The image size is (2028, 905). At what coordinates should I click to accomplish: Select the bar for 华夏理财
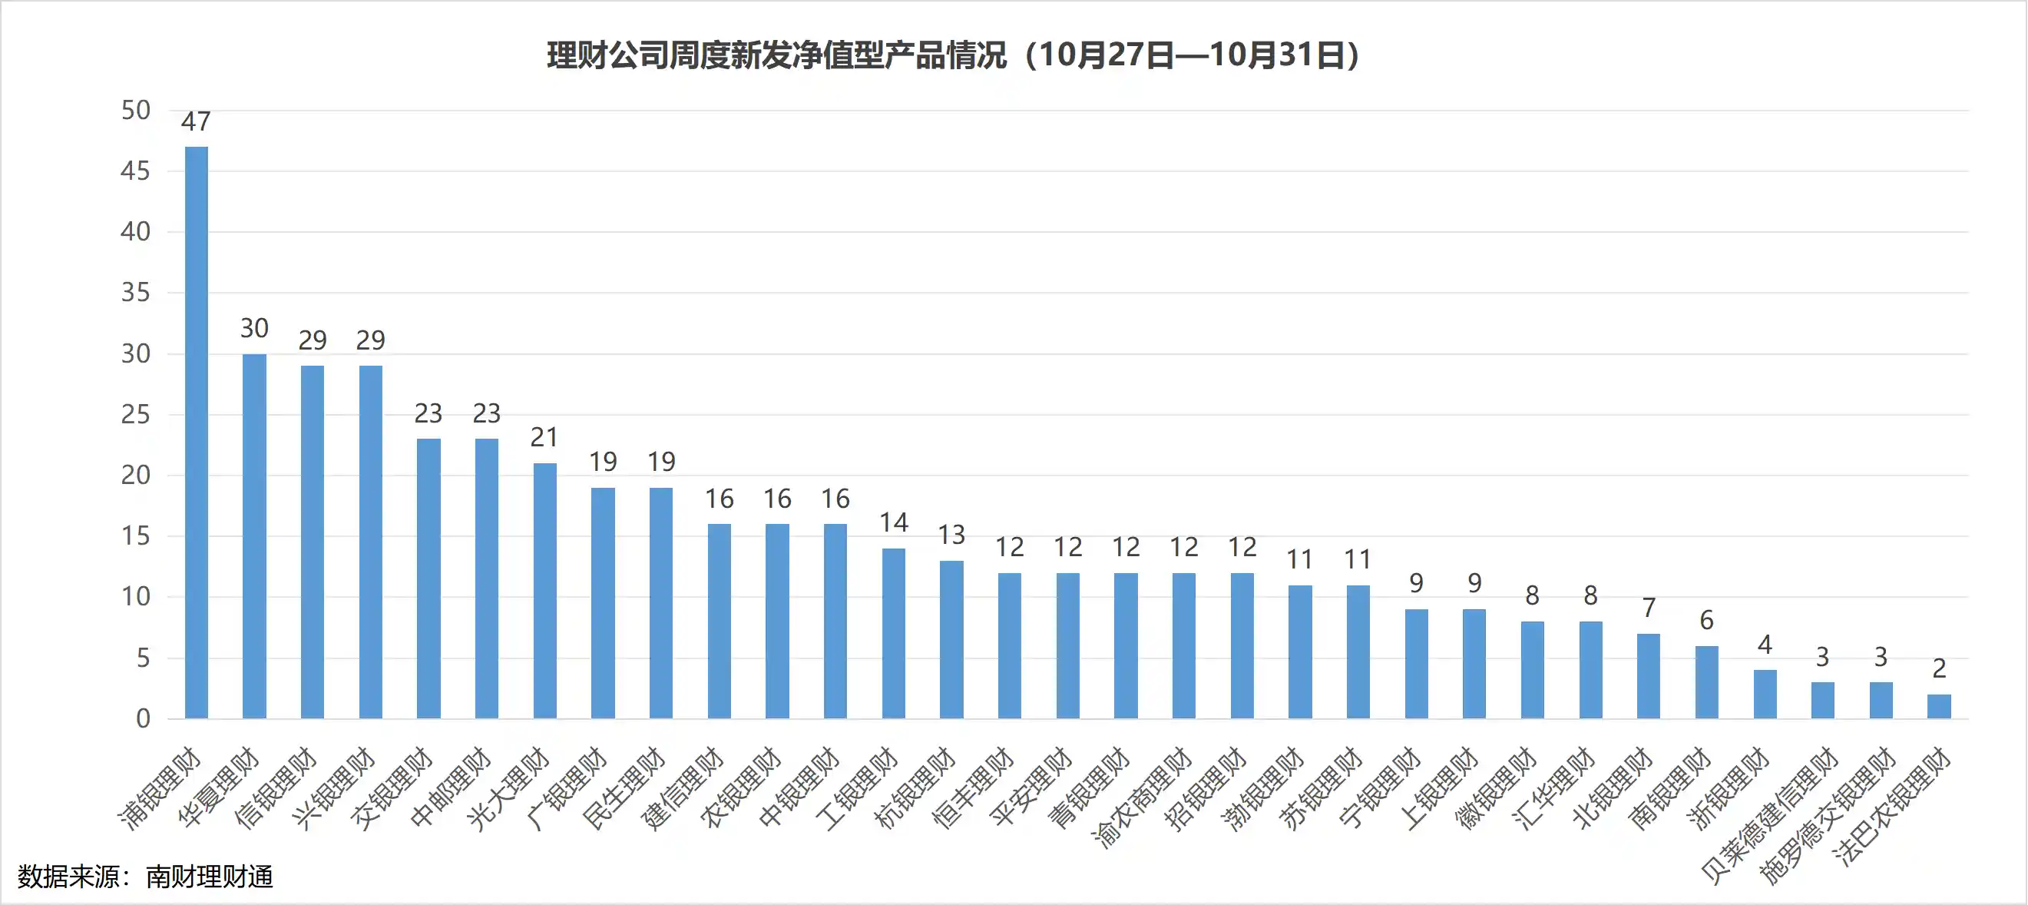(x=254, y=535)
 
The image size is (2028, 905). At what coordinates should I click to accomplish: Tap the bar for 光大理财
(x=544, y=591)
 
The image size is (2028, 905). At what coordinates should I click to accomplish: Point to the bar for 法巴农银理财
(x=1938, y=706)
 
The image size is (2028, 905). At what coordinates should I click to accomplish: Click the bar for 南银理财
(x=1706, y=681)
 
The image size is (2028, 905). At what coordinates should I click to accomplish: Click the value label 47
(x=196, y=121)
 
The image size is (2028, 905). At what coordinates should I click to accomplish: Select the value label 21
(x=544, y=437)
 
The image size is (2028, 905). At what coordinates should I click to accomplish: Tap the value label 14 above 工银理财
(x=894, y=522)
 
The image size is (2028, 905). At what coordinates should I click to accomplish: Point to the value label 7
(x=1649, y=607)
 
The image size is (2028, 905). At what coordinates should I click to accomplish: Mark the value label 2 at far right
(x=1939, y=668)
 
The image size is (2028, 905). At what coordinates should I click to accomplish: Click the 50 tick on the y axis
(x=135, y=111)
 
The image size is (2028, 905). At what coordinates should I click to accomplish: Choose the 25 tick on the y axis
(x=135, y=414)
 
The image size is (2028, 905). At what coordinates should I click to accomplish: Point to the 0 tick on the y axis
(x=143, y=718)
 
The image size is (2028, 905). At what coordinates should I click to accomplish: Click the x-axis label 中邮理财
(x=450, y=787)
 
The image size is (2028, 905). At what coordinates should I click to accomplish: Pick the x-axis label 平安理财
(x=1031, y=787)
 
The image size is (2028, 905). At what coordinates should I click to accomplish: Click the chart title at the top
(x=953, y=55)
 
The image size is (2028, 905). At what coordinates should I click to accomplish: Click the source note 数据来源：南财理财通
(x=146, y=877)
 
